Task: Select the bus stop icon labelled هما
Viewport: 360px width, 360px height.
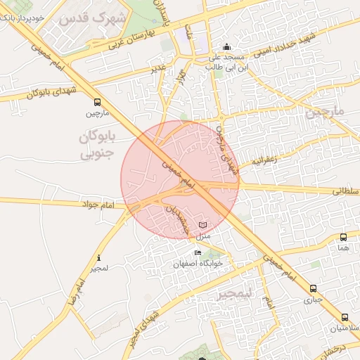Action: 342,237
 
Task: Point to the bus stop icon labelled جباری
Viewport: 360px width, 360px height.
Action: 313,288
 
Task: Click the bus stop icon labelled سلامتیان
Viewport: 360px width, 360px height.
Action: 344,317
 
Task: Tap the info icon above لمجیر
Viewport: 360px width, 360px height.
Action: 99,257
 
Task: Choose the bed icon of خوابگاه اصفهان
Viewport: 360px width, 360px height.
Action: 198,253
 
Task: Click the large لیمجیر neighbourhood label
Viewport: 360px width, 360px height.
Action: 235,293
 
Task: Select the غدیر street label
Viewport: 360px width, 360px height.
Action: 158,67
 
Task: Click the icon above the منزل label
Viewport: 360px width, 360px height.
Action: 203,225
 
